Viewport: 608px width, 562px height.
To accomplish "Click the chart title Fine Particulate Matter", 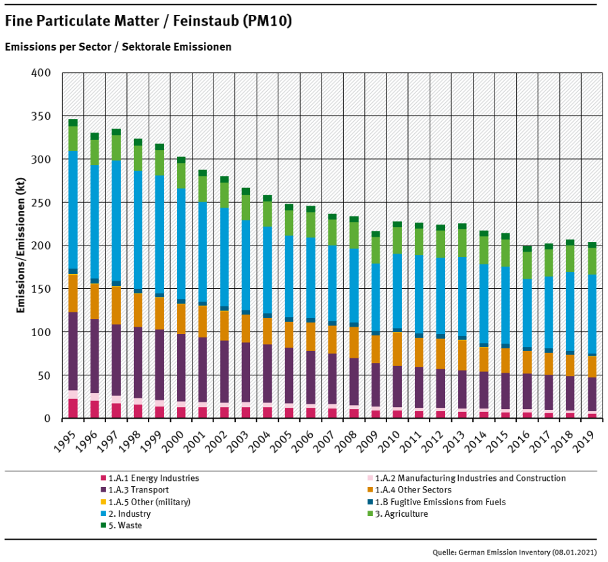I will pyautogui.click(x=149, y=22).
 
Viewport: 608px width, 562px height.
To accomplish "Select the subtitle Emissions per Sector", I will pyautogui.click(x=118, y=47).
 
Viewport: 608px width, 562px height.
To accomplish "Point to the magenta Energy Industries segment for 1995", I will pyautogui.click(x=73, y=408).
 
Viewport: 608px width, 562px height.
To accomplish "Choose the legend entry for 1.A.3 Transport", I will pyautogui.click(x=136, y=490).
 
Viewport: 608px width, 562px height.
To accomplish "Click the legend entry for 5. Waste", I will pyautogui.click(x=122, y=525).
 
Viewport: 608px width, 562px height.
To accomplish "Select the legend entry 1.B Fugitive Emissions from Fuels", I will pyautogui.click(x=439, y=502).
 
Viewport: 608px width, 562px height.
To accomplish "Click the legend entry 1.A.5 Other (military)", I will pyautogui.click(x=149, y=502).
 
